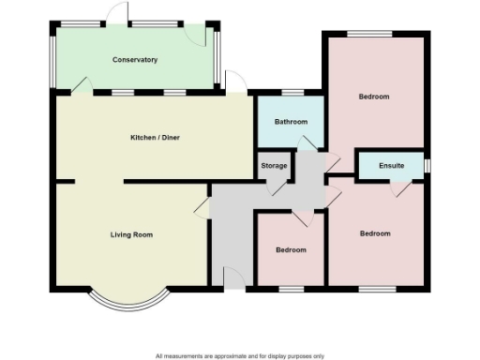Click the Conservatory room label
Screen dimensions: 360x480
pyautogui.click(x=134, y=60)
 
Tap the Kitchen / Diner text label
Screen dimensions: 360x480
pyautogui.click(x=155, y=138)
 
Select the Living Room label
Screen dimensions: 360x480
pyautogui.click(x=130, y=234)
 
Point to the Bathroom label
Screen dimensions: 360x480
pyautogui.click(x=291, y=122)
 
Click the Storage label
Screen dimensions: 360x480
pyautogui.click(x=274, y=166)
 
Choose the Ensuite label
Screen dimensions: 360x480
pyautogui.click(x=392, y=166)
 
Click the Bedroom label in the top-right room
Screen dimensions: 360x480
pyautogui.click(x=374, y=97)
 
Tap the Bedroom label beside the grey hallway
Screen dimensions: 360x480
pyautogui.click(x=290, y=250)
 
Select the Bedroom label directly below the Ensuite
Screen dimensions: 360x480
pyautogui.click(x=375, y=233)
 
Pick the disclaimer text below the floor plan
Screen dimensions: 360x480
pyautogui.click(x=240, y=355)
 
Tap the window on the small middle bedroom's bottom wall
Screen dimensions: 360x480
pyautogui.click(x=291, y=286)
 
